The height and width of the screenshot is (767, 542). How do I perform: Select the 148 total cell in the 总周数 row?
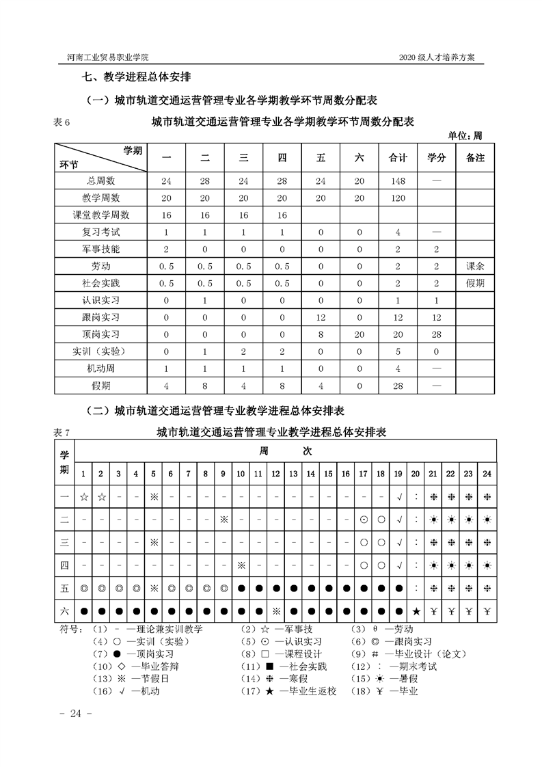click(x=398, y=181)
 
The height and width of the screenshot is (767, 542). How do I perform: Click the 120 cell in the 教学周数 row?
click(x=398, y=198)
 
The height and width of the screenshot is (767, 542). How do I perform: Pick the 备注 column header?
click(x=475, y=158)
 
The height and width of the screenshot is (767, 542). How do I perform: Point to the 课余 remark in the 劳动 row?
click(x=475, y=265)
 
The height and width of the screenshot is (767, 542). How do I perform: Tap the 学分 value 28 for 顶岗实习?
click(x=437, y=334)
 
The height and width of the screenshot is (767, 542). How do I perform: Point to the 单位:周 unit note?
click(x=465, y=135)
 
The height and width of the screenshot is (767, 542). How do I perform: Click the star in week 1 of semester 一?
click(x=83, y=497)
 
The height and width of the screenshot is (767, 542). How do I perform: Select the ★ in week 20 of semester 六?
click(x=416, y=610)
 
